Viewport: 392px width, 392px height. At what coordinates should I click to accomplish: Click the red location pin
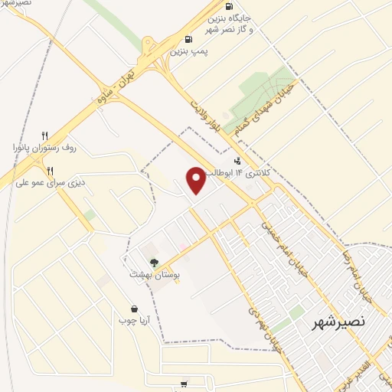click(x=196, y=179)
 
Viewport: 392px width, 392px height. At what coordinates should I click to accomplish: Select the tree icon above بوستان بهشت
click(x=155, y=263)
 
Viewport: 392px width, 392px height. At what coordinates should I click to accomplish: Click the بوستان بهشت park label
click(x=154, y=273)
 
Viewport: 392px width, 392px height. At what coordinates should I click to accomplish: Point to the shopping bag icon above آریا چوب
click(x=134, y=309)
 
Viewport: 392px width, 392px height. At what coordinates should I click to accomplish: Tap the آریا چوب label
click(x=134, y=320)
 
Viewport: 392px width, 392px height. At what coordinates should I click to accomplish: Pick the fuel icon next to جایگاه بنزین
click(x=229, y=6)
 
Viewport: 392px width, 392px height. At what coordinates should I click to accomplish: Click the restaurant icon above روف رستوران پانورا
click(x=45, y=136)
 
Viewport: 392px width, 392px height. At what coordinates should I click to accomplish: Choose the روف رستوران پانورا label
click(x=45, y=146)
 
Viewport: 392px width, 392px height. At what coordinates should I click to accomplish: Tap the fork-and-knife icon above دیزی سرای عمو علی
click(x=51, y=171)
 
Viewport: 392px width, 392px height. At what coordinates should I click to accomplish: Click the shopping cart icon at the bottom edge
click(x=184, y=384)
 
